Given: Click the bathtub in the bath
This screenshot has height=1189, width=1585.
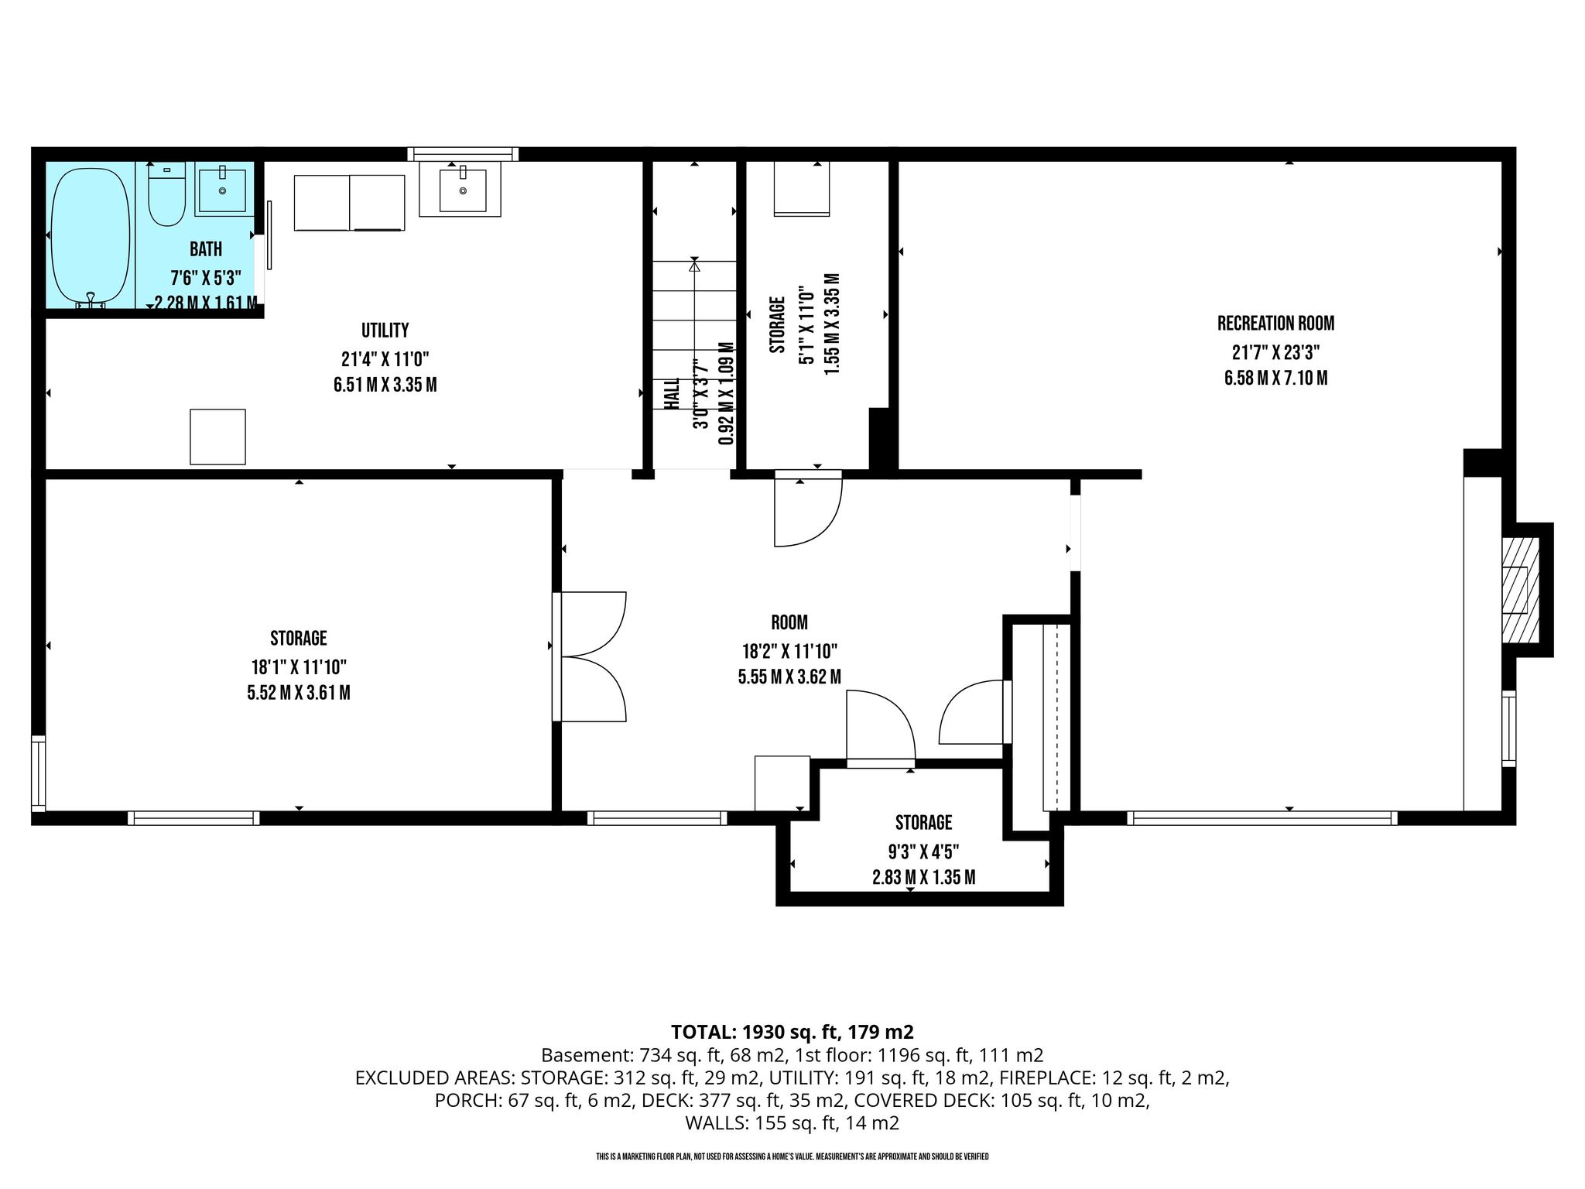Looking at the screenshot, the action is [91, 238].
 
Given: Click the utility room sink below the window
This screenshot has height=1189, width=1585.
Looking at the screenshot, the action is [463, 188].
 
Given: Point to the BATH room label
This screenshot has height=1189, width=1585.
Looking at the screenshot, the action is [206, 249].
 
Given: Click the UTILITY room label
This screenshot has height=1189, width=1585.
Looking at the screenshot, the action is [385, 331].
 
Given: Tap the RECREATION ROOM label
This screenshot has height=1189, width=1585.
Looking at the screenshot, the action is [1276, 324].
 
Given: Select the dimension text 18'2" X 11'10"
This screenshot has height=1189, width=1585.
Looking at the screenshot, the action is [789, 651].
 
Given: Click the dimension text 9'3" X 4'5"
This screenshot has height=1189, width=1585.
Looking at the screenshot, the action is [923, 851].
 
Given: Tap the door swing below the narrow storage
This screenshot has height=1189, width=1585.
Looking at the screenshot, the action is [808, 509].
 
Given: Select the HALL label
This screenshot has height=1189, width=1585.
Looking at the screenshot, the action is [672, 394].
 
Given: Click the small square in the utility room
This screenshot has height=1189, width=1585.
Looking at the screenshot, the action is [217, 437].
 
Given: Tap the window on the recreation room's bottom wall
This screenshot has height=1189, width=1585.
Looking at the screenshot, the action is [1262, 817].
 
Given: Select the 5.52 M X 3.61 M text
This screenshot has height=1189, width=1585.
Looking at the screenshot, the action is [299, 693].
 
